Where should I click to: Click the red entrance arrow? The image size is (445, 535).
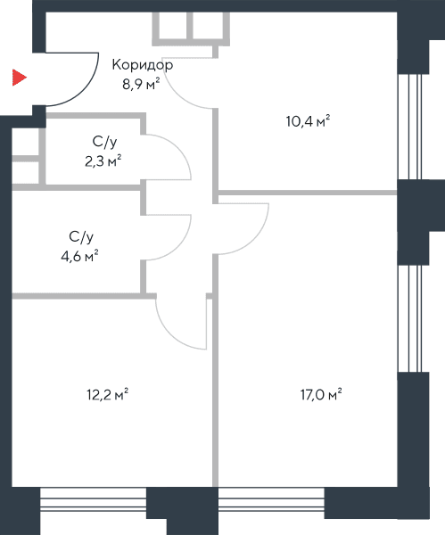tap(19, 78)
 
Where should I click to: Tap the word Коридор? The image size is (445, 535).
tap(143, 65)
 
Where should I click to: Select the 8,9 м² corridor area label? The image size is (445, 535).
tap(141, 84)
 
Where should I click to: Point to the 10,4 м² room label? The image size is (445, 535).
tap(308, 121)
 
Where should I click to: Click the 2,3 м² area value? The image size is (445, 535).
tap(103, 161)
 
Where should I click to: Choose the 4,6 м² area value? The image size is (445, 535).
tap(79, 256)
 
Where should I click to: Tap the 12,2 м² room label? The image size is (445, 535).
tap(108, 394)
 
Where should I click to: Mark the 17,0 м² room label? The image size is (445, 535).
tap(321, 394)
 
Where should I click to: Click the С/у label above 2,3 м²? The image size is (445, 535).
tap(104, 142)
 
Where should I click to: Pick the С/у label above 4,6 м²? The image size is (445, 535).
tap(81, 236)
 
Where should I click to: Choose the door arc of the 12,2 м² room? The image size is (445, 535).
tap(169, 335)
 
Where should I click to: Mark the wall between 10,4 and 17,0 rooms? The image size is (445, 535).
tap(308, 193)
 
